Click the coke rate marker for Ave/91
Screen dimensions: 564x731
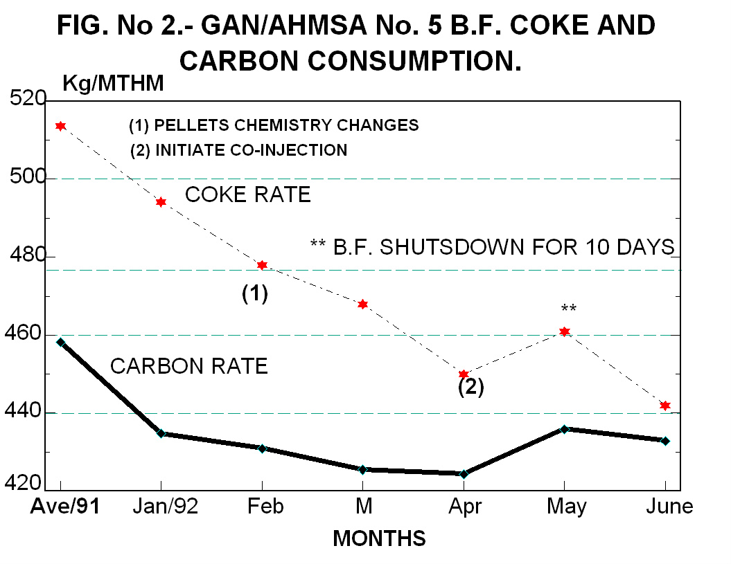[x=61, y=126]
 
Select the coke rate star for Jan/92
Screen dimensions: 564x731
[x=161, y=202]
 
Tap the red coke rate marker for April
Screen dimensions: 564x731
[x=464, y=374]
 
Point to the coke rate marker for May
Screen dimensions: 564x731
[x=565, y=331]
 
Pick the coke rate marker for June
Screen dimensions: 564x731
[x=665, y=406]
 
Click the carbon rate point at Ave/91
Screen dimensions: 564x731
[x=61, y=342]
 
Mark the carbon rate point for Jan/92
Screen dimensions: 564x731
[x=161, y=433]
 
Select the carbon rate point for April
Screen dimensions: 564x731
[x=464, y=474]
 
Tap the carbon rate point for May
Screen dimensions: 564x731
[x=565, y=429]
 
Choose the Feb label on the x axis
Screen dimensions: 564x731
[x=267, y=507]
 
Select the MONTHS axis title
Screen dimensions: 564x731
[x=379, y=538]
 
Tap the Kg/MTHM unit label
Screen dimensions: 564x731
[x=113, y=84]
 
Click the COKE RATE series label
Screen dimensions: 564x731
[x=247, y=195]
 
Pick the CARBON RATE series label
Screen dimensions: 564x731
[x=189, y=366]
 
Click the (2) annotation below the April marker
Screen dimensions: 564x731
[x=471, y=388]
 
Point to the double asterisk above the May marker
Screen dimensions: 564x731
[x=569, y=309]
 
